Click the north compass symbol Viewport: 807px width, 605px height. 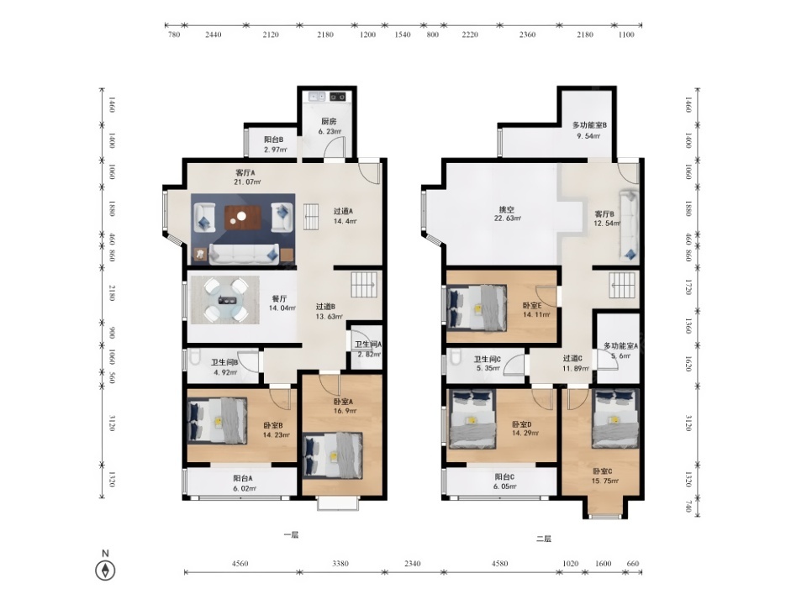tap(105, 570)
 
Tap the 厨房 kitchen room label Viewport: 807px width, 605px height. tap(329, 122)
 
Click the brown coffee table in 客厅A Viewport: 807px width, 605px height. tap(242, 218)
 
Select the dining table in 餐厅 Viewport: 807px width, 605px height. tap(225, 300)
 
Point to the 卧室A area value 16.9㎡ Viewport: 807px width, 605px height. tap(345, 411)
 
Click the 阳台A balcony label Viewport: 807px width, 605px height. tap(242, 478)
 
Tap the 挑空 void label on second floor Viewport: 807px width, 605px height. tap(507, 209)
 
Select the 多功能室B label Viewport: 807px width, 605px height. tap(589, 125)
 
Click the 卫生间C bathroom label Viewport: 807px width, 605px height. tap(488, 359)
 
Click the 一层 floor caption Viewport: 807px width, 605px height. tap(291, 534)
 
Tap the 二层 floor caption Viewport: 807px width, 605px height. tap(544, 539)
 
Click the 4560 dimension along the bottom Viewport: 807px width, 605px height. tap(240, 563)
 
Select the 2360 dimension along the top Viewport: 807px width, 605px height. tap(527, 34)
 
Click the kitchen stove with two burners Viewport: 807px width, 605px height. tap(338, 96)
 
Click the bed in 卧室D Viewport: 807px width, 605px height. tap(472, 418)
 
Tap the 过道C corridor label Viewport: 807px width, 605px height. tap(572, 358)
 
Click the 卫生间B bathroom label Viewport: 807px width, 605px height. tap(224, 362)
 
